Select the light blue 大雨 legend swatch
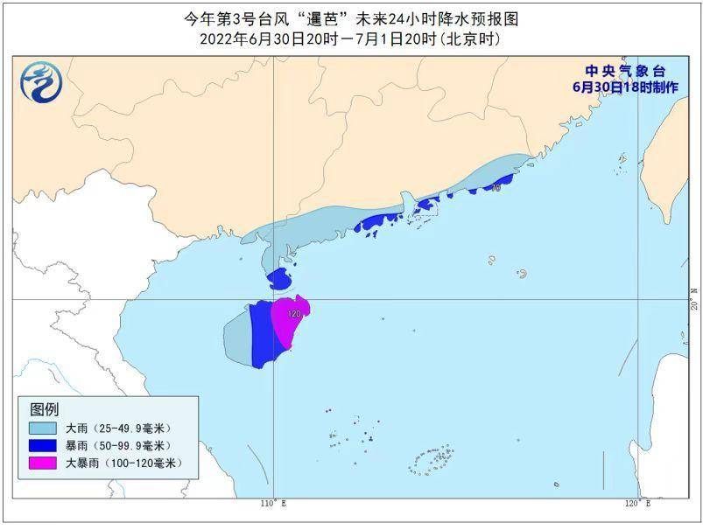[43, 429]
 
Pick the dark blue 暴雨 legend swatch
[43, 445]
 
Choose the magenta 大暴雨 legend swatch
[43, 463]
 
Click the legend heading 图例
[45, 409]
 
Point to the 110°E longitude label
[274, 504]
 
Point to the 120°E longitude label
[637, 504]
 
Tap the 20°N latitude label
[694, 300]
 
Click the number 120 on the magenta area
[294, 313]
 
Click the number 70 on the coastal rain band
[496, 187]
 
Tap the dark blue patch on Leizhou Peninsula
[279, 279]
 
